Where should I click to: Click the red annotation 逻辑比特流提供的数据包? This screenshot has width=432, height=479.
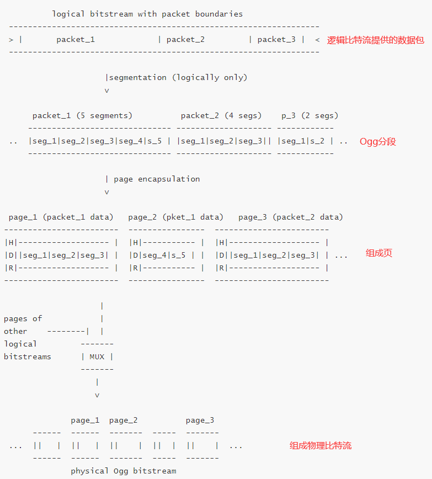click(376, 40)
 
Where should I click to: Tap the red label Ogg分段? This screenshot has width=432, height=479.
click(378, 141)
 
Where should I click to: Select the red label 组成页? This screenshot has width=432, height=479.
click(379, 253)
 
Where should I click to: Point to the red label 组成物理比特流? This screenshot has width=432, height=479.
click(321, 445)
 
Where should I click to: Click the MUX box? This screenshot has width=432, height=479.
click(97, 356)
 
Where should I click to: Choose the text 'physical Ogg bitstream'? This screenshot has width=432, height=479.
click(124, 471)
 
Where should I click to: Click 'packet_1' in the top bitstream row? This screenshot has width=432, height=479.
click(76, 39)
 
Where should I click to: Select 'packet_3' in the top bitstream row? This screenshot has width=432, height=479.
click(276, 39)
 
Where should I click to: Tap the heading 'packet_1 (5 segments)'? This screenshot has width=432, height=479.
click(82, 115)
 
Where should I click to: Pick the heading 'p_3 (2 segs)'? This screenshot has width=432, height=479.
click(310, 115)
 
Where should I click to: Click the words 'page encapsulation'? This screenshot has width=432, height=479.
click(157, 179)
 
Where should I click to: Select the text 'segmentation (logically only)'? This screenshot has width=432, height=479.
click(178, 77)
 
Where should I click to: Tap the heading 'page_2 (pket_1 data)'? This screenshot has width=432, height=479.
click(175, 217)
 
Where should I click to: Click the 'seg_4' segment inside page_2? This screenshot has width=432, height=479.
click(156, 255)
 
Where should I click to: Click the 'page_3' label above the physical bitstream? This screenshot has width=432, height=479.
click(200, 420)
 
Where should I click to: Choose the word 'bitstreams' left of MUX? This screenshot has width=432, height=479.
click(27, 356)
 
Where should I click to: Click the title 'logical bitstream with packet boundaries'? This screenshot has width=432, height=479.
click(147, 14)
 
